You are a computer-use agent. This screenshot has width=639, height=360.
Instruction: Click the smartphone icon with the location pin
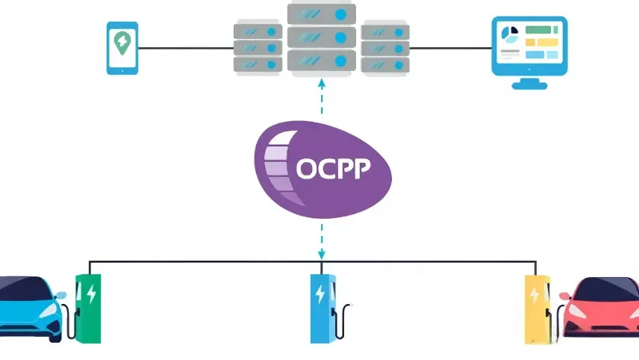(122, 47)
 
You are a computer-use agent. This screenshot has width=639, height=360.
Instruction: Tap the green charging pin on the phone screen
(122, 44)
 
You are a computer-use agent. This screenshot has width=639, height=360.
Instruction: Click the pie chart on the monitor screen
(511, 34)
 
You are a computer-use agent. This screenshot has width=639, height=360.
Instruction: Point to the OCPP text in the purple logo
(333, 168)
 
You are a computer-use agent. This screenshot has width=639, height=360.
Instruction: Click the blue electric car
(30, 306)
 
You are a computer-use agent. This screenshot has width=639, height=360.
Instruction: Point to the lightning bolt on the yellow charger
(535, 294)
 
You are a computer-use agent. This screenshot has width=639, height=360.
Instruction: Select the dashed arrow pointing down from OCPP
(322, 239)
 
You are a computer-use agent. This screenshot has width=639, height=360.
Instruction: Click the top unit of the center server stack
(322, 13)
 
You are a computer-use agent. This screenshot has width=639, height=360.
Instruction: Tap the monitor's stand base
(529, 85)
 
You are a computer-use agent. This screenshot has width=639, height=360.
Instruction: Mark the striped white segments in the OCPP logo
(277, 168)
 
